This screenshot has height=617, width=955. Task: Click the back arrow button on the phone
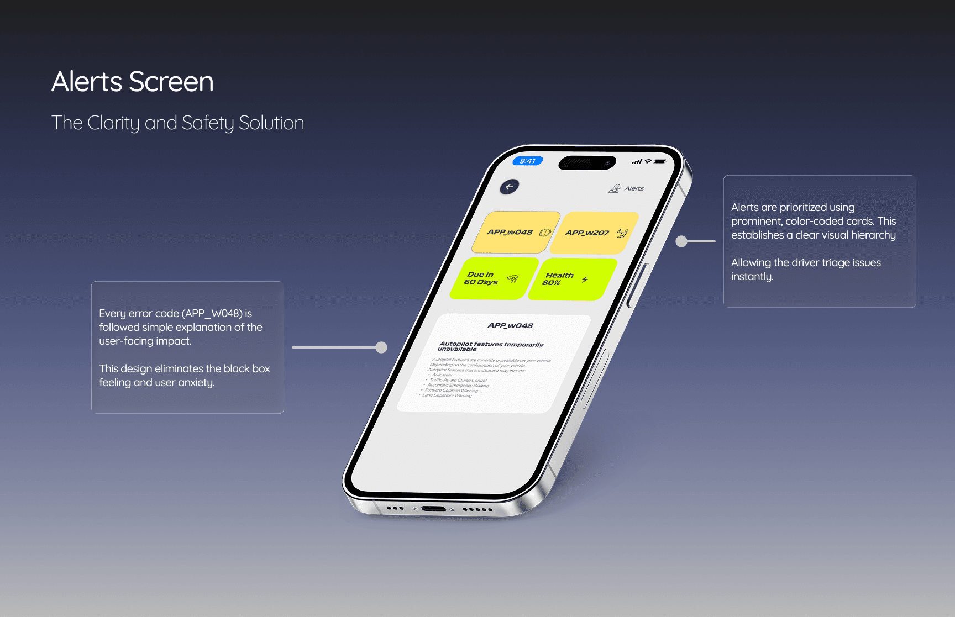tap(510, 187)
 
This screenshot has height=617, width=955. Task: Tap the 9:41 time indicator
tap(528, 161)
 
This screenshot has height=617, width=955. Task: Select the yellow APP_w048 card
tap(515, 233)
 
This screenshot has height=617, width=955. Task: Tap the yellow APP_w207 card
tap(594, 233)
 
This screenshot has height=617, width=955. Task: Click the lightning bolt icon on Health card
tap(585, 280)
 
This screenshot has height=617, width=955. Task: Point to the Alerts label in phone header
tap(634, 188)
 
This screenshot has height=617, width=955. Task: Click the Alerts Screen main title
tap(133, 82)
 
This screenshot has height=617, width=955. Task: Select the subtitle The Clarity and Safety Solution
tap(177, 123)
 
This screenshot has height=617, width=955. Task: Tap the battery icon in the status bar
tap(660, 162)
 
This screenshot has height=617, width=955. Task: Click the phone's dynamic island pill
tap(587, 163)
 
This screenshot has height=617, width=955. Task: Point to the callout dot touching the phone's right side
tap(682, 241)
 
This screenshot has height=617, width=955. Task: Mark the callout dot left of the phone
tap(381, 347)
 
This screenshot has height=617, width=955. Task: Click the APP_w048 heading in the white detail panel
tap(510, 326)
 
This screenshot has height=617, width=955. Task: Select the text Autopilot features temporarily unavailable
tap(491, 346)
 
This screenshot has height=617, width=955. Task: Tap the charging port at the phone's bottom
tap(433, 509)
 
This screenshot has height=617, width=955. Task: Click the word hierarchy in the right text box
tap(873, 235)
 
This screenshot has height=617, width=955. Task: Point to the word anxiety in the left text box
tap(196, 383)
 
